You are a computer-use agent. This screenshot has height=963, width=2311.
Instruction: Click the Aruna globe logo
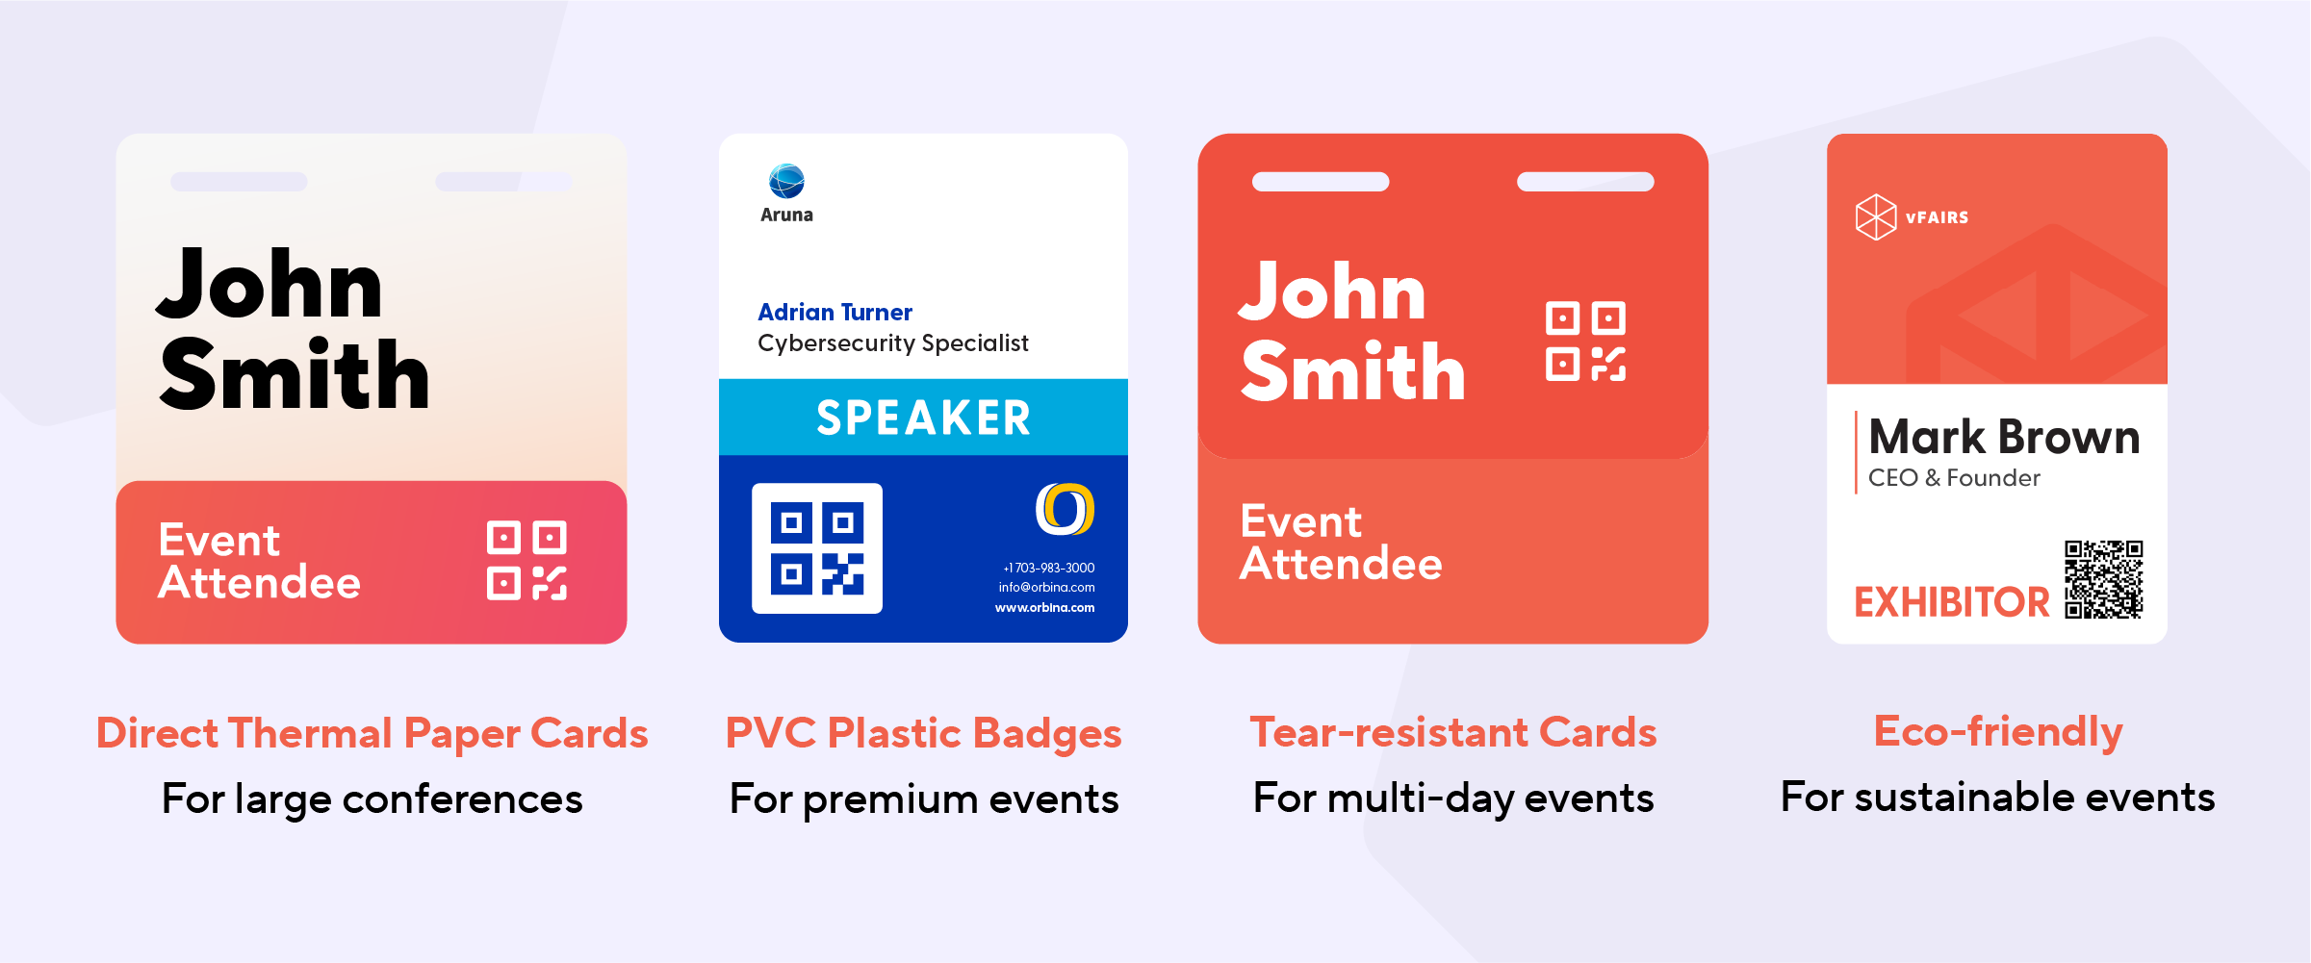[x=786, y=181]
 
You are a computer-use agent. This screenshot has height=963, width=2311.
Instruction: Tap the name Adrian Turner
[x=835, y=313]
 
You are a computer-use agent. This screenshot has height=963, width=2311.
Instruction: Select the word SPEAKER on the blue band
[x=923, y=418]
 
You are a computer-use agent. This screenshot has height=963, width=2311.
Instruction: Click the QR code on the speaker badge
[x=817, y=548]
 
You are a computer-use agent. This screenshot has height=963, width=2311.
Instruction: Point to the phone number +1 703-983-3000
[x=1048, y=568]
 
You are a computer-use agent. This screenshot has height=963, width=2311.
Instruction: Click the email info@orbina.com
[x=1046, y=587]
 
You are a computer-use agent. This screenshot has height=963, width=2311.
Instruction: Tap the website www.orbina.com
[x=1044, y=607]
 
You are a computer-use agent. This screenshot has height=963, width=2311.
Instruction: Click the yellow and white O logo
[x=1065, y=509]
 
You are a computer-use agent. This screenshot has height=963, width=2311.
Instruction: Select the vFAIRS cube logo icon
[x=1875, y=216]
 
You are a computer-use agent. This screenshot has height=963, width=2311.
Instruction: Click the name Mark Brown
[x=2004, y=438]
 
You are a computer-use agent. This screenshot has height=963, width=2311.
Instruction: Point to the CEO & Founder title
[x=1954, y=478]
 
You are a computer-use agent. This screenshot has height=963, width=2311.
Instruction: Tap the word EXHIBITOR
[x=1952, y=602]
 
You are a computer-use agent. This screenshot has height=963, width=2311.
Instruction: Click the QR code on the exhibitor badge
[x=2103, y=579]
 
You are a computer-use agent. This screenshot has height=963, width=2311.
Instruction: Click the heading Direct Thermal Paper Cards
[x=372, y=733]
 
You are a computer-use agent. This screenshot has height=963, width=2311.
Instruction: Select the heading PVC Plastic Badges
[x=923, y=733]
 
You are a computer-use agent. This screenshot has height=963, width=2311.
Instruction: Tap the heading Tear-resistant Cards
[x=1453, y=732]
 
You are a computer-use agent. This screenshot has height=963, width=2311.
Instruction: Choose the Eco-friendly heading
[x=1998, y=731]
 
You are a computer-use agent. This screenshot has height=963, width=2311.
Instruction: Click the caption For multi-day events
[x=1453, y=798]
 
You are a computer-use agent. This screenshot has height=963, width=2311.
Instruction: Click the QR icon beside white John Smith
[x=1585, y=342]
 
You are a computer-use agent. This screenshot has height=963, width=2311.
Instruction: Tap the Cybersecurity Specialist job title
[x=892, y=343]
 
